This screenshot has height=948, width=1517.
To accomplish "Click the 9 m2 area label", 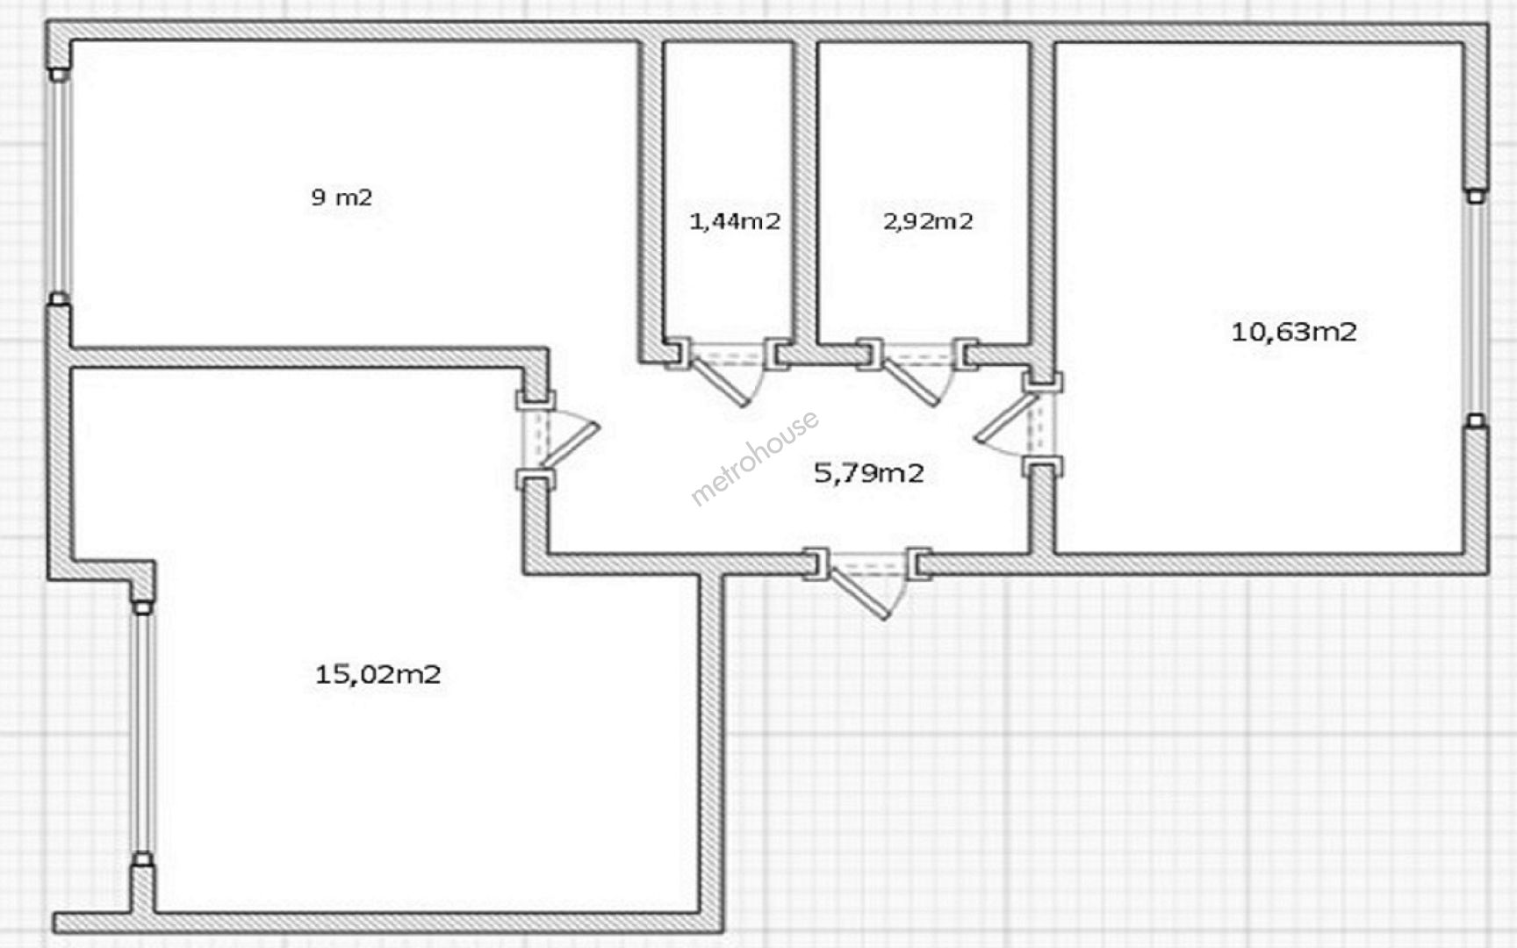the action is (342, 197).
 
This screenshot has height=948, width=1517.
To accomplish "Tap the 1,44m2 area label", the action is (735, 221).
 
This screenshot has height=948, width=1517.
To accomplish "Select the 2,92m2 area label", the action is (928, 221).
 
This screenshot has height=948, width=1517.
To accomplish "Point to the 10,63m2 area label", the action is (1294, 332).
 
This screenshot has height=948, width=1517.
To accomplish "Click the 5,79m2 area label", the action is (869, 474).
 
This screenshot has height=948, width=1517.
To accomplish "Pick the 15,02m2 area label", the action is (377, 674).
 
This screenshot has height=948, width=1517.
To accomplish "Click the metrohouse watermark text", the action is (755, 457).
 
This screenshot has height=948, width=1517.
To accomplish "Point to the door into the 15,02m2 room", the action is (557, 439).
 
